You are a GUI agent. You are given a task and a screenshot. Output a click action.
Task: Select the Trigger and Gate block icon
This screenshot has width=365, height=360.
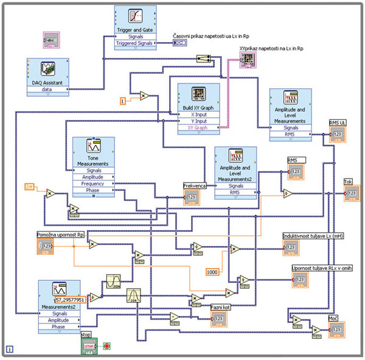(x=135, y=17)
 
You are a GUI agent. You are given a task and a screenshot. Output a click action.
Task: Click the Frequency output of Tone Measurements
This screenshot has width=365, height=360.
(x=93, y=183)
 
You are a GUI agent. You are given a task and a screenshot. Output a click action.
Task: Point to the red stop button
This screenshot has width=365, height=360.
(x=107, y=345)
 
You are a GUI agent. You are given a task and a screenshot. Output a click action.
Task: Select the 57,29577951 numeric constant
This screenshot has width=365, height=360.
(x=72, y=300)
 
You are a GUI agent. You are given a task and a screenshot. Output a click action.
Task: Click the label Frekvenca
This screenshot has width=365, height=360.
(x=195, y=185)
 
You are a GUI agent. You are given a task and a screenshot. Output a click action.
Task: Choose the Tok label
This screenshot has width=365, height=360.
(x=349, y=182)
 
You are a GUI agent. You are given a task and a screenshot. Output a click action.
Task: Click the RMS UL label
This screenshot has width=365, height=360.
(x=338, y=122)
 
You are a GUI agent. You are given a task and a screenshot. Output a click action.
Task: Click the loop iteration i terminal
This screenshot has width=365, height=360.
(x=10, y=349)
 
